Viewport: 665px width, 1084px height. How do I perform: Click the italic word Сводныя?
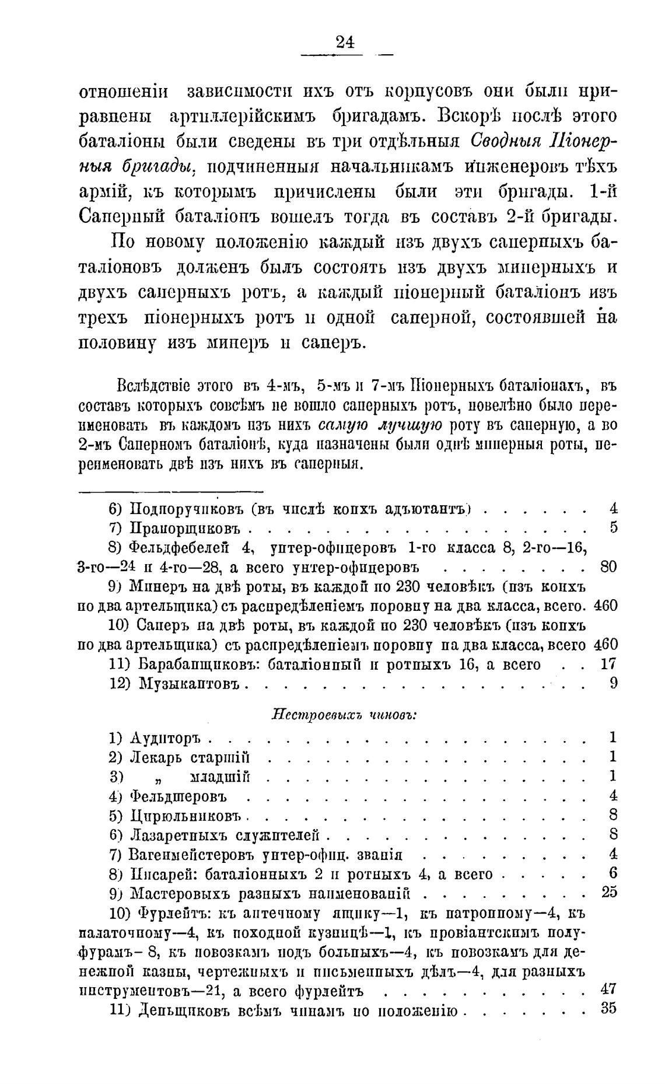505,142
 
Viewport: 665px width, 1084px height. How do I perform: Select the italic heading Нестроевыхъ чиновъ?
344,715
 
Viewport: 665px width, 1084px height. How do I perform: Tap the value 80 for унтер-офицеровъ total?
608,567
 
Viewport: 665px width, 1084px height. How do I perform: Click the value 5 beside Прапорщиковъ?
613,528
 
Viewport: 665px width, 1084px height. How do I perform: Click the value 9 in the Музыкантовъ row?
613,682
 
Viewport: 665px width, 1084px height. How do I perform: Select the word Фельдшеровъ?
178,796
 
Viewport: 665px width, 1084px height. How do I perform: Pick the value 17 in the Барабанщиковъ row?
608,664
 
